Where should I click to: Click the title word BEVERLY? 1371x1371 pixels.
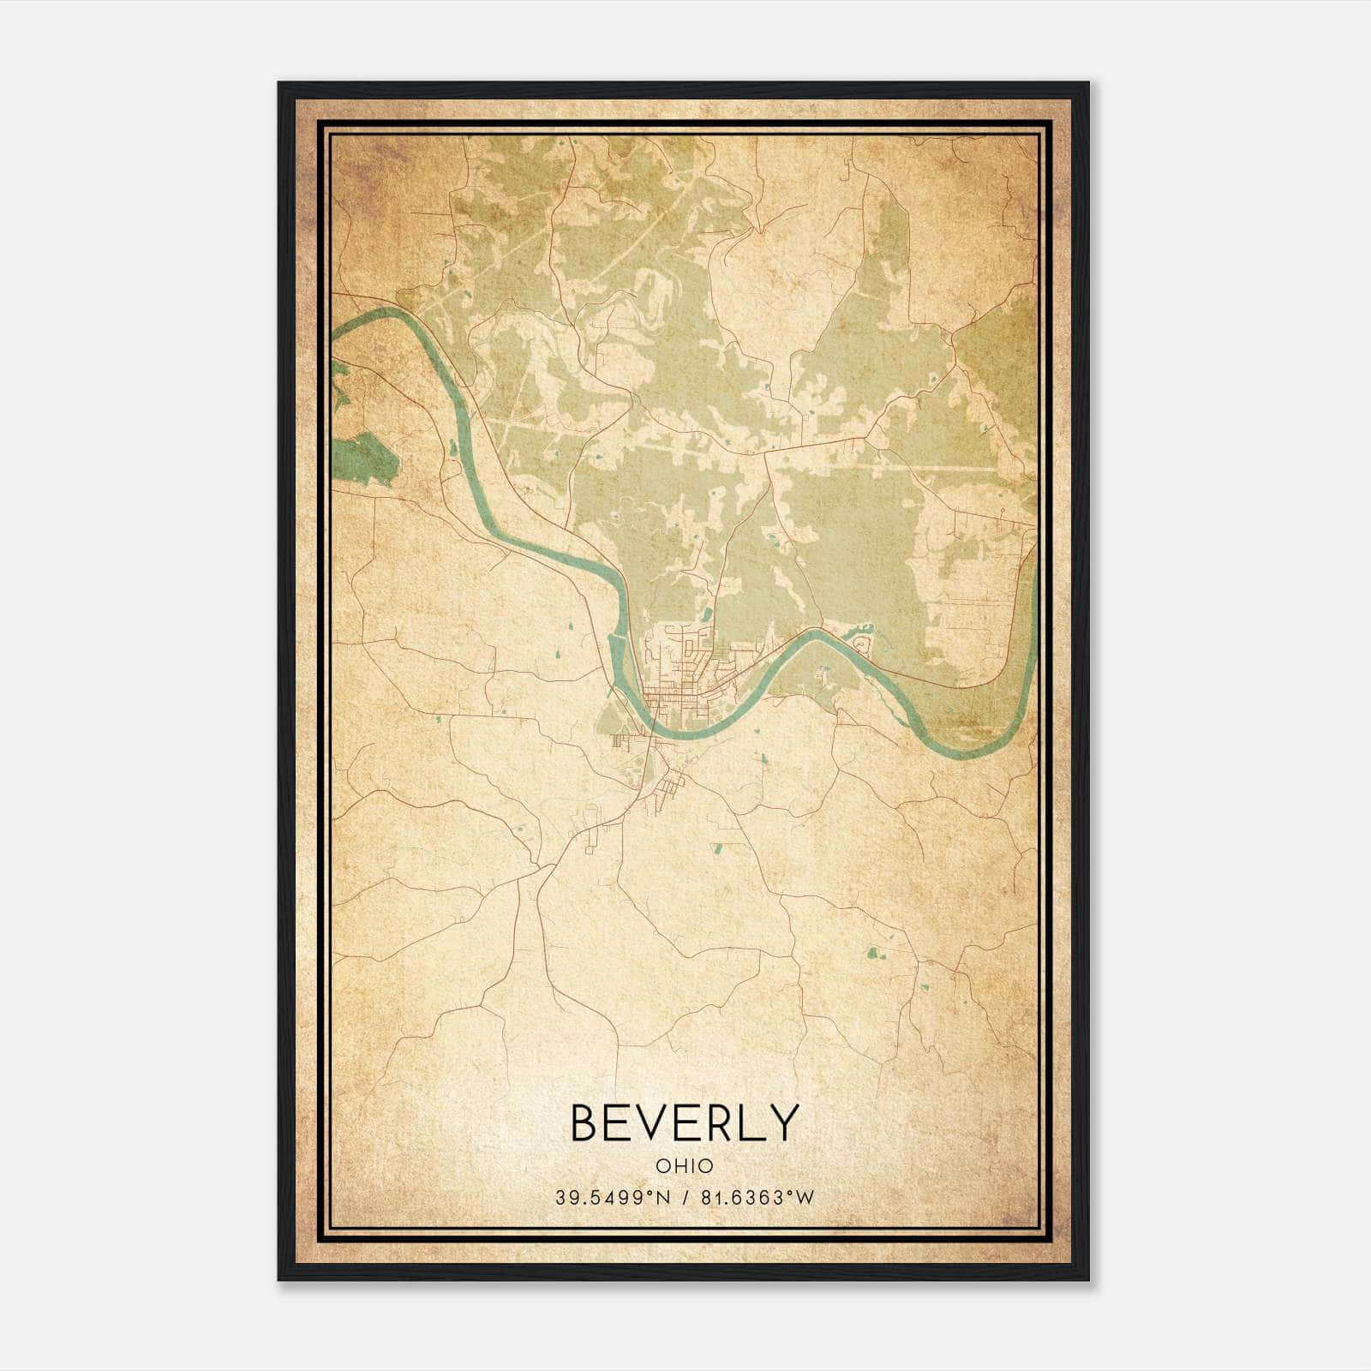(684, 1123)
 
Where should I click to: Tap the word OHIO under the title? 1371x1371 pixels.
(684, 1166)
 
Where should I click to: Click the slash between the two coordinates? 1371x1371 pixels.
(684, 1198)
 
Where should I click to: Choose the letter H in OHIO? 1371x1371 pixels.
(675, 1166)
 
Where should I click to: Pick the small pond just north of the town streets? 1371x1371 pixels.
(706, 614)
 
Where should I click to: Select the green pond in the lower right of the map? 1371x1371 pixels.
(874, 952)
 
